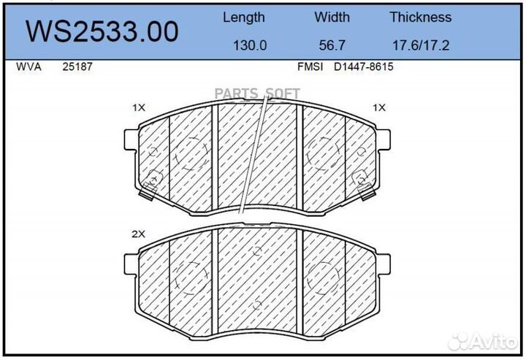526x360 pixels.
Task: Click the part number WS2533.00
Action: [x=102, y=31]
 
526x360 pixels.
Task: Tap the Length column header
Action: [x=244, y=18]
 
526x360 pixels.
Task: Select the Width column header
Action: [x=332, y=17]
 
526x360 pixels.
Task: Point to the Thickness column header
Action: [x=420, y=17]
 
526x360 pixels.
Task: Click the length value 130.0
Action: [x=250, y=45]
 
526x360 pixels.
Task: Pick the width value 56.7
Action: [x=332, y=45]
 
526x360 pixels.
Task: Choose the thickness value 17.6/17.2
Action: [x=421, y=45]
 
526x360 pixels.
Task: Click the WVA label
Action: [x=28, y=66]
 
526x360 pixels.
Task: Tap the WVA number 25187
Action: [x=77, y=66]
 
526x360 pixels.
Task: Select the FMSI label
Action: [x=310, y=66]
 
